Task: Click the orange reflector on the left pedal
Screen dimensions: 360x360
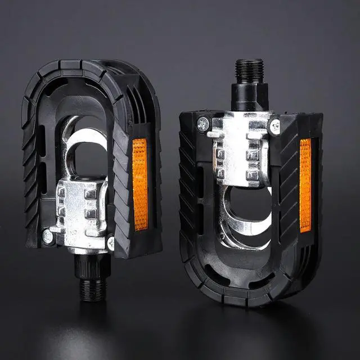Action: click(x=139, y=184)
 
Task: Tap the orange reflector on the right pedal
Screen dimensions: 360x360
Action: click(x=305, y=185)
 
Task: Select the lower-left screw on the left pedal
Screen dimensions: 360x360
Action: click(x=48, y=237)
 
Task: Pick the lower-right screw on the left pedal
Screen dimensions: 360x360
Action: click(x=111, y=242)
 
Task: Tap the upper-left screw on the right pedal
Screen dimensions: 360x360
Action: click(x=203, y=124)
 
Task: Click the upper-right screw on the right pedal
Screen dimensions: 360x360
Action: click(x=274, y=127)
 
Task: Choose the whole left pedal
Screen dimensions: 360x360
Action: click(x=90, y=169)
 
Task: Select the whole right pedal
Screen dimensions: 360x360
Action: click(x=250, y=191)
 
